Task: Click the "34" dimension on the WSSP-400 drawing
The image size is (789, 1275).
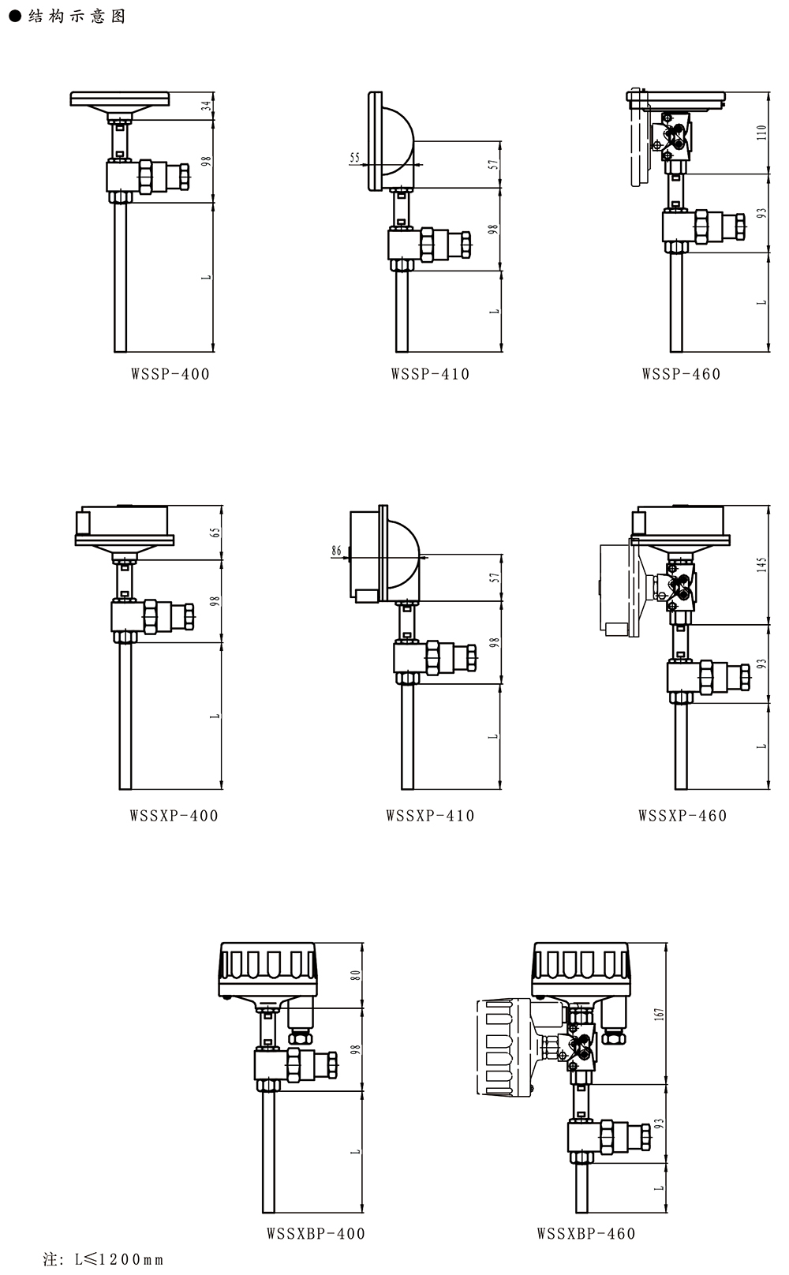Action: pos(208,105)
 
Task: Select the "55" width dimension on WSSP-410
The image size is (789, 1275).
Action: pos(354,157)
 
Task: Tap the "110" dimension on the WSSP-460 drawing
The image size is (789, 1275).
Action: pos(762,132)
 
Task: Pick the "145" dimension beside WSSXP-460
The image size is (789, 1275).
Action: pos(762,565)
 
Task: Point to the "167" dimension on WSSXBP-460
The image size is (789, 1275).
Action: pos(659,1014)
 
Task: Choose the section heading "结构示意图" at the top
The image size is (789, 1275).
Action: pos(77,16)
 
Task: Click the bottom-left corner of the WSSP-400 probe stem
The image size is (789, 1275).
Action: pos(114,352)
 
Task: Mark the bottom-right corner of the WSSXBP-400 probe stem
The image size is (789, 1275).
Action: pos(275,1213)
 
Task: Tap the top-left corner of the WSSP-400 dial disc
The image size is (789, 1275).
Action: pos(70,92)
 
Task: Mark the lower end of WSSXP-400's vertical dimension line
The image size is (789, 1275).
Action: pos(222,789)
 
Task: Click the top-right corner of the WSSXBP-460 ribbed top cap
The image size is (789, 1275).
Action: pos(629,943)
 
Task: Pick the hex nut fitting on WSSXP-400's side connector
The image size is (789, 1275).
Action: pos(150,616)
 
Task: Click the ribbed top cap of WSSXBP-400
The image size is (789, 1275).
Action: pos(267,970)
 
